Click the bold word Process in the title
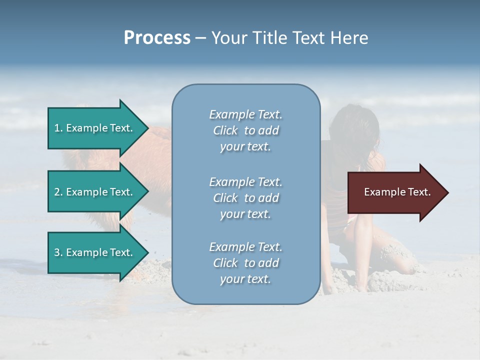point(157,38)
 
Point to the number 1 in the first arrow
point(57,128)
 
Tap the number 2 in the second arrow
point(57,192)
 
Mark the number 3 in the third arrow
point(57,252)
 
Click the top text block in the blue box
point(245,130)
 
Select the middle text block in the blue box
point(245,198)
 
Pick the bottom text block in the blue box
point(245,263)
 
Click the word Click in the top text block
point(225,130)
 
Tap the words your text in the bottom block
point(245,279)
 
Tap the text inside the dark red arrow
point(397,192)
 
